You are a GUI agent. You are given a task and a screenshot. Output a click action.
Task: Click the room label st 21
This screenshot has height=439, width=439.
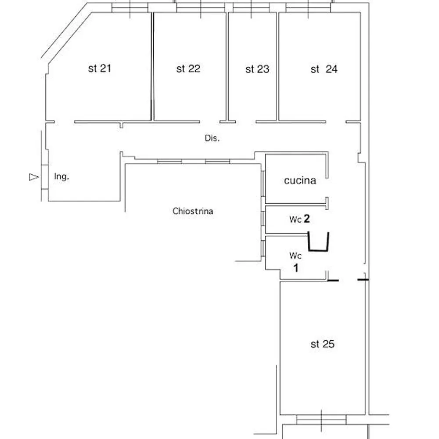100,69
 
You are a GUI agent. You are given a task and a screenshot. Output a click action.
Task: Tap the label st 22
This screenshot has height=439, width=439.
188,69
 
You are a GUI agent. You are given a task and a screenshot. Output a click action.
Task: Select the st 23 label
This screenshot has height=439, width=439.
257,69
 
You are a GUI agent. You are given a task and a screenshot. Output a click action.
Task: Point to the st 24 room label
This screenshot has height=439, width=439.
324,69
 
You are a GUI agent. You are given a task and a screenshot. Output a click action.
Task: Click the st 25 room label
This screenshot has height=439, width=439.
322,345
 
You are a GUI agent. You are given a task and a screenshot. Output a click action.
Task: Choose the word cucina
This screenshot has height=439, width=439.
300,180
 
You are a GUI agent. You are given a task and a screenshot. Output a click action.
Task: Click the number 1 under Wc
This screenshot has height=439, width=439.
296,267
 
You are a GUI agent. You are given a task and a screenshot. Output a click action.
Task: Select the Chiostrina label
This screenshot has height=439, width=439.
193,211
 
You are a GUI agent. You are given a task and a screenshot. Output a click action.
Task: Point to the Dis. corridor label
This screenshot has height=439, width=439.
212,138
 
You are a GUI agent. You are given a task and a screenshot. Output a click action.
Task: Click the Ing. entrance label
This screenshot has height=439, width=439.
61,177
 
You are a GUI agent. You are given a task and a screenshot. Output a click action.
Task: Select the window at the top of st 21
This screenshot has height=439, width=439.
130,7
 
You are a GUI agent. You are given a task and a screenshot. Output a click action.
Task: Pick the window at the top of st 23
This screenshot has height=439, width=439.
251,7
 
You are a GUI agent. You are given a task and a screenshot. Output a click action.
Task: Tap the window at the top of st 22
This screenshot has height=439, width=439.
201,7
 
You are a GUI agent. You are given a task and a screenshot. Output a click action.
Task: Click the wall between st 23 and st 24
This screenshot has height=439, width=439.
277,66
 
